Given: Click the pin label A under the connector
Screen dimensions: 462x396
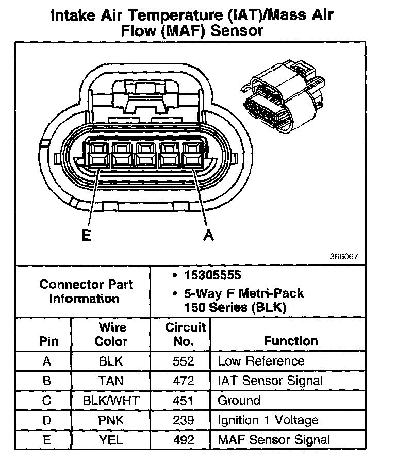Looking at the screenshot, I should point(208,235).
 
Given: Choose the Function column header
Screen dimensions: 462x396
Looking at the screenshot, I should point(291,341).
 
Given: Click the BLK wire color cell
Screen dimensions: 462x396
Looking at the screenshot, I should point(111,361).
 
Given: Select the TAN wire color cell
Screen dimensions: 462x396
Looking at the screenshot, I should point(111,381).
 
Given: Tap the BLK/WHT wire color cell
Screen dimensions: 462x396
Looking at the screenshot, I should point(111,401).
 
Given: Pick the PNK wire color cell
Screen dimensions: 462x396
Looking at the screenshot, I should point(111,420).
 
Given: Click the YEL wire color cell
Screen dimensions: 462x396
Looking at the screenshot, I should point(111,440).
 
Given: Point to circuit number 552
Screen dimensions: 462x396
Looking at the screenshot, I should point(184,361).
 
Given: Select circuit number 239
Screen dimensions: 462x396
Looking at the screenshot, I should point(184,420).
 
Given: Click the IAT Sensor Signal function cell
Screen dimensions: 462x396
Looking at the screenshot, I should point(270,381).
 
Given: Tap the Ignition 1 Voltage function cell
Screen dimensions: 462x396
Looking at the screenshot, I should point(268,420).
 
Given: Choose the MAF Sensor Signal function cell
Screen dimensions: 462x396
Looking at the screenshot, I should point(274,440).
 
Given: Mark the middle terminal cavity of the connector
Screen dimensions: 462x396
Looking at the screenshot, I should point(147,154).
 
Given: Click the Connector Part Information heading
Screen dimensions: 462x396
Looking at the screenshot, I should point(86,291).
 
